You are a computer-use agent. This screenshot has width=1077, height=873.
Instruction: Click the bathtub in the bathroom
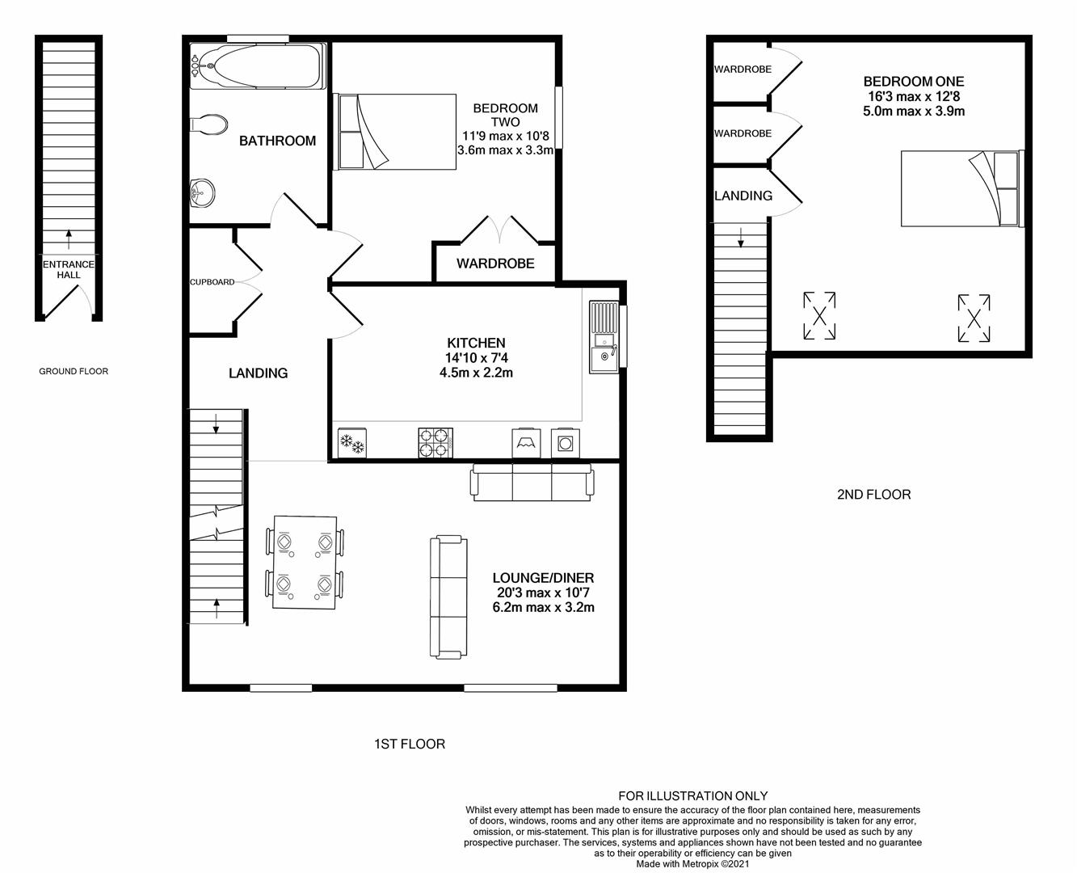click(258, 66)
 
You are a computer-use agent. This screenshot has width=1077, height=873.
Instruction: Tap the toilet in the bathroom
click(208, 124)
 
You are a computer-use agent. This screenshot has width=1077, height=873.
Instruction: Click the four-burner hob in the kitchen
click(435, 443)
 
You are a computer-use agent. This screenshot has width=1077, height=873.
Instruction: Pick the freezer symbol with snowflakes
click(352, 443)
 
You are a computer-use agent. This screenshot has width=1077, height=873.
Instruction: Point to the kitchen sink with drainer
click(604, 337)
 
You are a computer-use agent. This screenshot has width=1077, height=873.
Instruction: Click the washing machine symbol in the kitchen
click(565, 444)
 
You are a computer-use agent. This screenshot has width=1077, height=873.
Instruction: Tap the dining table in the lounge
click(305, 562)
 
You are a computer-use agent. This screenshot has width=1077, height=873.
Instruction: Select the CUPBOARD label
click(212, 282)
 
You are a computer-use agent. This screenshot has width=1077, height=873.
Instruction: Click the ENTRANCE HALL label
click(69, 270)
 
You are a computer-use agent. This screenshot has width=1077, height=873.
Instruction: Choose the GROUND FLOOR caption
click(74, 371)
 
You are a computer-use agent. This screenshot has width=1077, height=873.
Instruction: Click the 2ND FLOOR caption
click(873, 494)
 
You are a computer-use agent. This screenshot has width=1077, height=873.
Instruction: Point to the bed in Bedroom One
click(962, 188)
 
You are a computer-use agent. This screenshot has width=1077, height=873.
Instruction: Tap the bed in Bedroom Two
click(395, 132)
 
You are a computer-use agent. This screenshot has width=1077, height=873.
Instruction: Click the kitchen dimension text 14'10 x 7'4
click(477, 358)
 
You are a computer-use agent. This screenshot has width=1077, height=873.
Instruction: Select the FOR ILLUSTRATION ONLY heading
click(693, 796)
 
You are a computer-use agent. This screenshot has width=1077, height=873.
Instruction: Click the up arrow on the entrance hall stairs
click(69, 239)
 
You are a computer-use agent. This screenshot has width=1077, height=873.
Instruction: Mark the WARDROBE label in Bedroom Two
click(495, 264)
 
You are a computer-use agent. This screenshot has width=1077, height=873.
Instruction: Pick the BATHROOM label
click(278, 141)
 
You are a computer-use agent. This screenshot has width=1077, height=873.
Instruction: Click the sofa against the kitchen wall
click(532, 483)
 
